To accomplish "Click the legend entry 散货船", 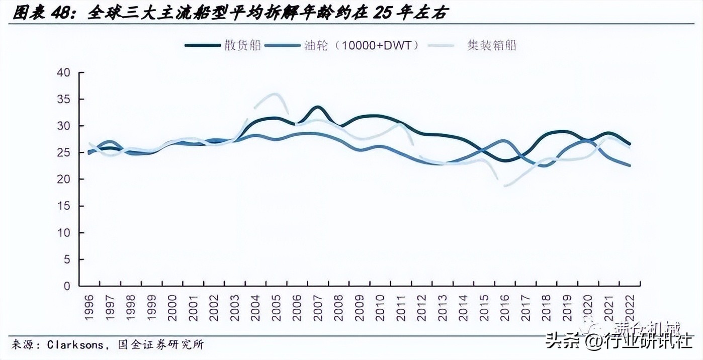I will pyautogui.click(x=224, y=45).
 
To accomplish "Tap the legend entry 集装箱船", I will pyautogui.click(x=473, y=45).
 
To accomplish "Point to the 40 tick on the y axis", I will pyautogui.click(x=64, y=72).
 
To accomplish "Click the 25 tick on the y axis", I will pyautogui.click(x=64, y=152).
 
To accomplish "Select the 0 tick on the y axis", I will pyautogui.click(x=67, y=286).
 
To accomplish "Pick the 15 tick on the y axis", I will pyautogui.click(x=64, y=206).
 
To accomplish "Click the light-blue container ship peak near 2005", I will pyautogui.click(x=275, y=94).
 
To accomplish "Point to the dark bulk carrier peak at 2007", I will pyautogui.click(x=317, y=107).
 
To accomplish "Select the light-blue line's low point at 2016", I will pyautogui.click(x=504, y=186).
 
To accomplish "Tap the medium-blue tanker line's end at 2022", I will pyautogui.click(x=630, y=165).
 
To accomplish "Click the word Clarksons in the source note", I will pyautogui.click(x=75, y=345).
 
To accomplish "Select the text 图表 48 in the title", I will pyautogui.click(x=33, y=14).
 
